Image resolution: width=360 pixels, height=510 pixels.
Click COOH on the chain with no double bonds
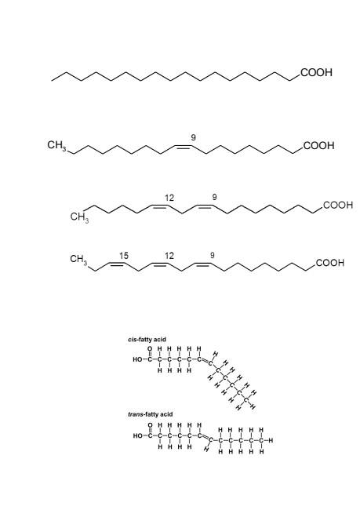[316, 72]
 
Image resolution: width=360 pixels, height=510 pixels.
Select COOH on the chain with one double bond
[318, 145]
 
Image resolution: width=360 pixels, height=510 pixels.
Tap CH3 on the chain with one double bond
[57, 145]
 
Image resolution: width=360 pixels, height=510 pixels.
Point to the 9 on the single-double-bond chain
[193, 137]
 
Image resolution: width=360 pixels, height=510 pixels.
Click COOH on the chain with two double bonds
[338, 205]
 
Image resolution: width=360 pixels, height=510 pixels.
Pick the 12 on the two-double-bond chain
[169, 198]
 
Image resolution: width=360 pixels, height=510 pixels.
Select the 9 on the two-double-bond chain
[214, 197]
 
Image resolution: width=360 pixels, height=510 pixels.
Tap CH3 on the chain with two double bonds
[80, 217]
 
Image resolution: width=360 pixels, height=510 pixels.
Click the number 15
[124, 256]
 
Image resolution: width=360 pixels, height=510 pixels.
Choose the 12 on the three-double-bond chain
[169, 256]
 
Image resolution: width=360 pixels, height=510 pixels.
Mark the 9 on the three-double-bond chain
[212, 255]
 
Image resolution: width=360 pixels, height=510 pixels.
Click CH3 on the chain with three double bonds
[79, 260]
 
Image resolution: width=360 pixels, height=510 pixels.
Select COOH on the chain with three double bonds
[329, 263]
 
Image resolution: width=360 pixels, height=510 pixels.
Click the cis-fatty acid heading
[147, 339]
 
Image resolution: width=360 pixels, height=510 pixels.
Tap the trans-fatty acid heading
[150, 414]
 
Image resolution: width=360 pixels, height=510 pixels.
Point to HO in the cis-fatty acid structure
[137, 359]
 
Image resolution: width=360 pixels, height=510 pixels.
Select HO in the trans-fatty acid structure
[137, 435]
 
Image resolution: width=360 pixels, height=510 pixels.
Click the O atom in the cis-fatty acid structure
[150, 349]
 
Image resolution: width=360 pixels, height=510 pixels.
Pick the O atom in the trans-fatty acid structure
[150, 425]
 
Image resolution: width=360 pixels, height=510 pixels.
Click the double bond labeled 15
[116, 264]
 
